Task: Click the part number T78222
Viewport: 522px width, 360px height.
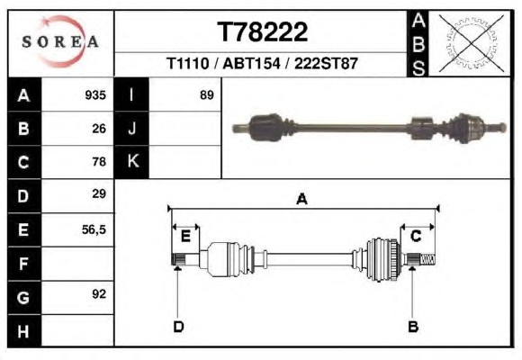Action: click(262, 32)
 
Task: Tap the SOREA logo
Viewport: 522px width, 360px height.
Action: click(60, 41)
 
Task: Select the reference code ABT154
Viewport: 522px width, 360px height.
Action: click(251, 63)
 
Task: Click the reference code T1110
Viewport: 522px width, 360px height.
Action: click(188, 63)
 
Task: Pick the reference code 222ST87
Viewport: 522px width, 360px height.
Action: click(326, 63)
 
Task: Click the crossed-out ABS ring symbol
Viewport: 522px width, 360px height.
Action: click(471, 43)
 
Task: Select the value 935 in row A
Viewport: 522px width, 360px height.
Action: click(95, 95)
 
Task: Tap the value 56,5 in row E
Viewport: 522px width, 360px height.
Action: click(94, 229)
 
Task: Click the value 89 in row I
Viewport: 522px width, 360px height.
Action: click(207, 95)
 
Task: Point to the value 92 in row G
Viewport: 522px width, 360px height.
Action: click(99, 294)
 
